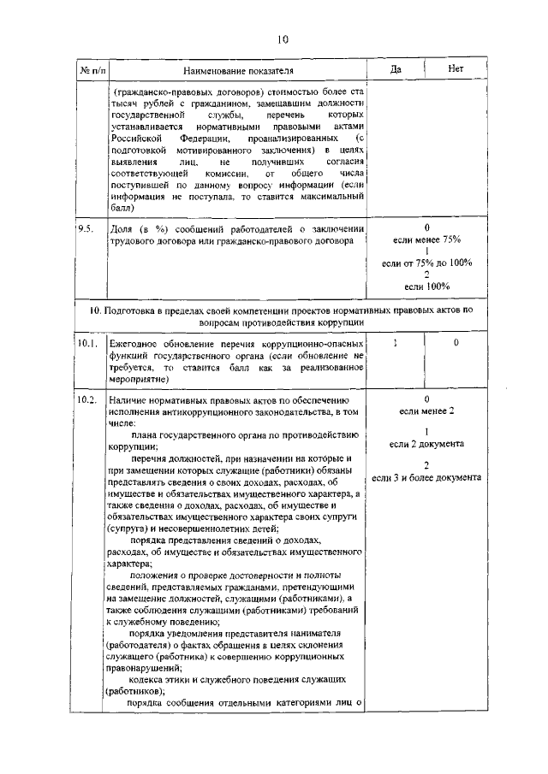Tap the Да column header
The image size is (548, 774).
(396, 69)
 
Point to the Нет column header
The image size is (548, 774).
(456, 69)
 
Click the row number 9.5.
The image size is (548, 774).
(86, 229)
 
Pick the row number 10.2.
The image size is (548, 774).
(87, 399)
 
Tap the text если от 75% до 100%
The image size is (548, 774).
(426, 263)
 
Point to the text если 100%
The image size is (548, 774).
(426, 286)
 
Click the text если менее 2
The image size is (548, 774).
(426, 411)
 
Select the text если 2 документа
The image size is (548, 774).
(426, 444)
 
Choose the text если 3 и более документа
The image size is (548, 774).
(426, 476)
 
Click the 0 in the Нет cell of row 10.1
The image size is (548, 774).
(456, 342)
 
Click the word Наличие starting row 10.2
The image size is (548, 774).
(130, 399)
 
